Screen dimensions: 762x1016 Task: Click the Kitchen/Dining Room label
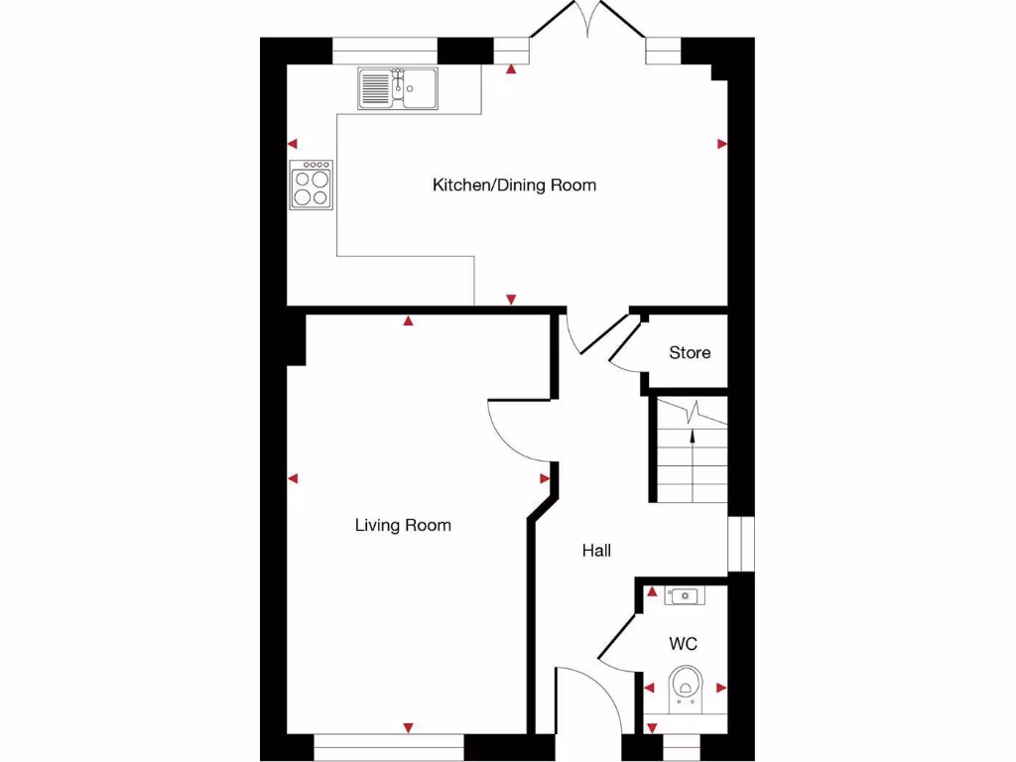pos(514,185)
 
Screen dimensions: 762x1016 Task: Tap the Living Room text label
pos(403,525)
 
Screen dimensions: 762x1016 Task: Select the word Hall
pos(596,551)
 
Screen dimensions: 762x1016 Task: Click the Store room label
pos(690,352)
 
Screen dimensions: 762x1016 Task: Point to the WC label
pos(683,644)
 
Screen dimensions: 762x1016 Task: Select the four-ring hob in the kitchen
pos(311,185)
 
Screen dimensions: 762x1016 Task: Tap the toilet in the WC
pos(685,687)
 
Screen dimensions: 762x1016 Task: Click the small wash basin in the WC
pos(683,595)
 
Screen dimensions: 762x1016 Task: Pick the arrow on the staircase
pos(692,424)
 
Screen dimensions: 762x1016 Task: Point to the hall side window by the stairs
pos(740,544)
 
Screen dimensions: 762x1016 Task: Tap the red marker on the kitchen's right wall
pos(722,144)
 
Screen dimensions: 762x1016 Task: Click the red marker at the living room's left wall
pos(293,479)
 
